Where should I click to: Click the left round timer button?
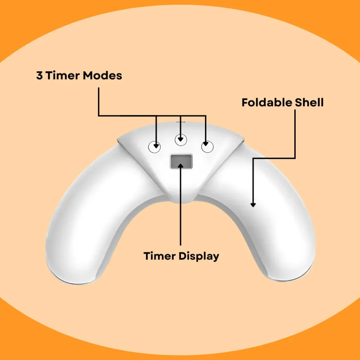pos(154,147)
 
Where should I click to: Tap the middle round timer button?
pos(181,140)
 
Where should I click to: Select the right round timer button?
pos(207,147)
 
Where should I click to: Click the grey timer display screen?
pos(181,161)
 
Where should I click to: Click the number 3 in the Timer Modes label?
pos(39,75)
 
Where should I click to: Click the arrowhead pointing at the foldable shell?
pos(253,204)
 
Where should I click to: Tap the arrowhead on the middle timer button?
pos(181,140)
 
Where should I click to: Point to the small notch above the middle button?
pos(181,123)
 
